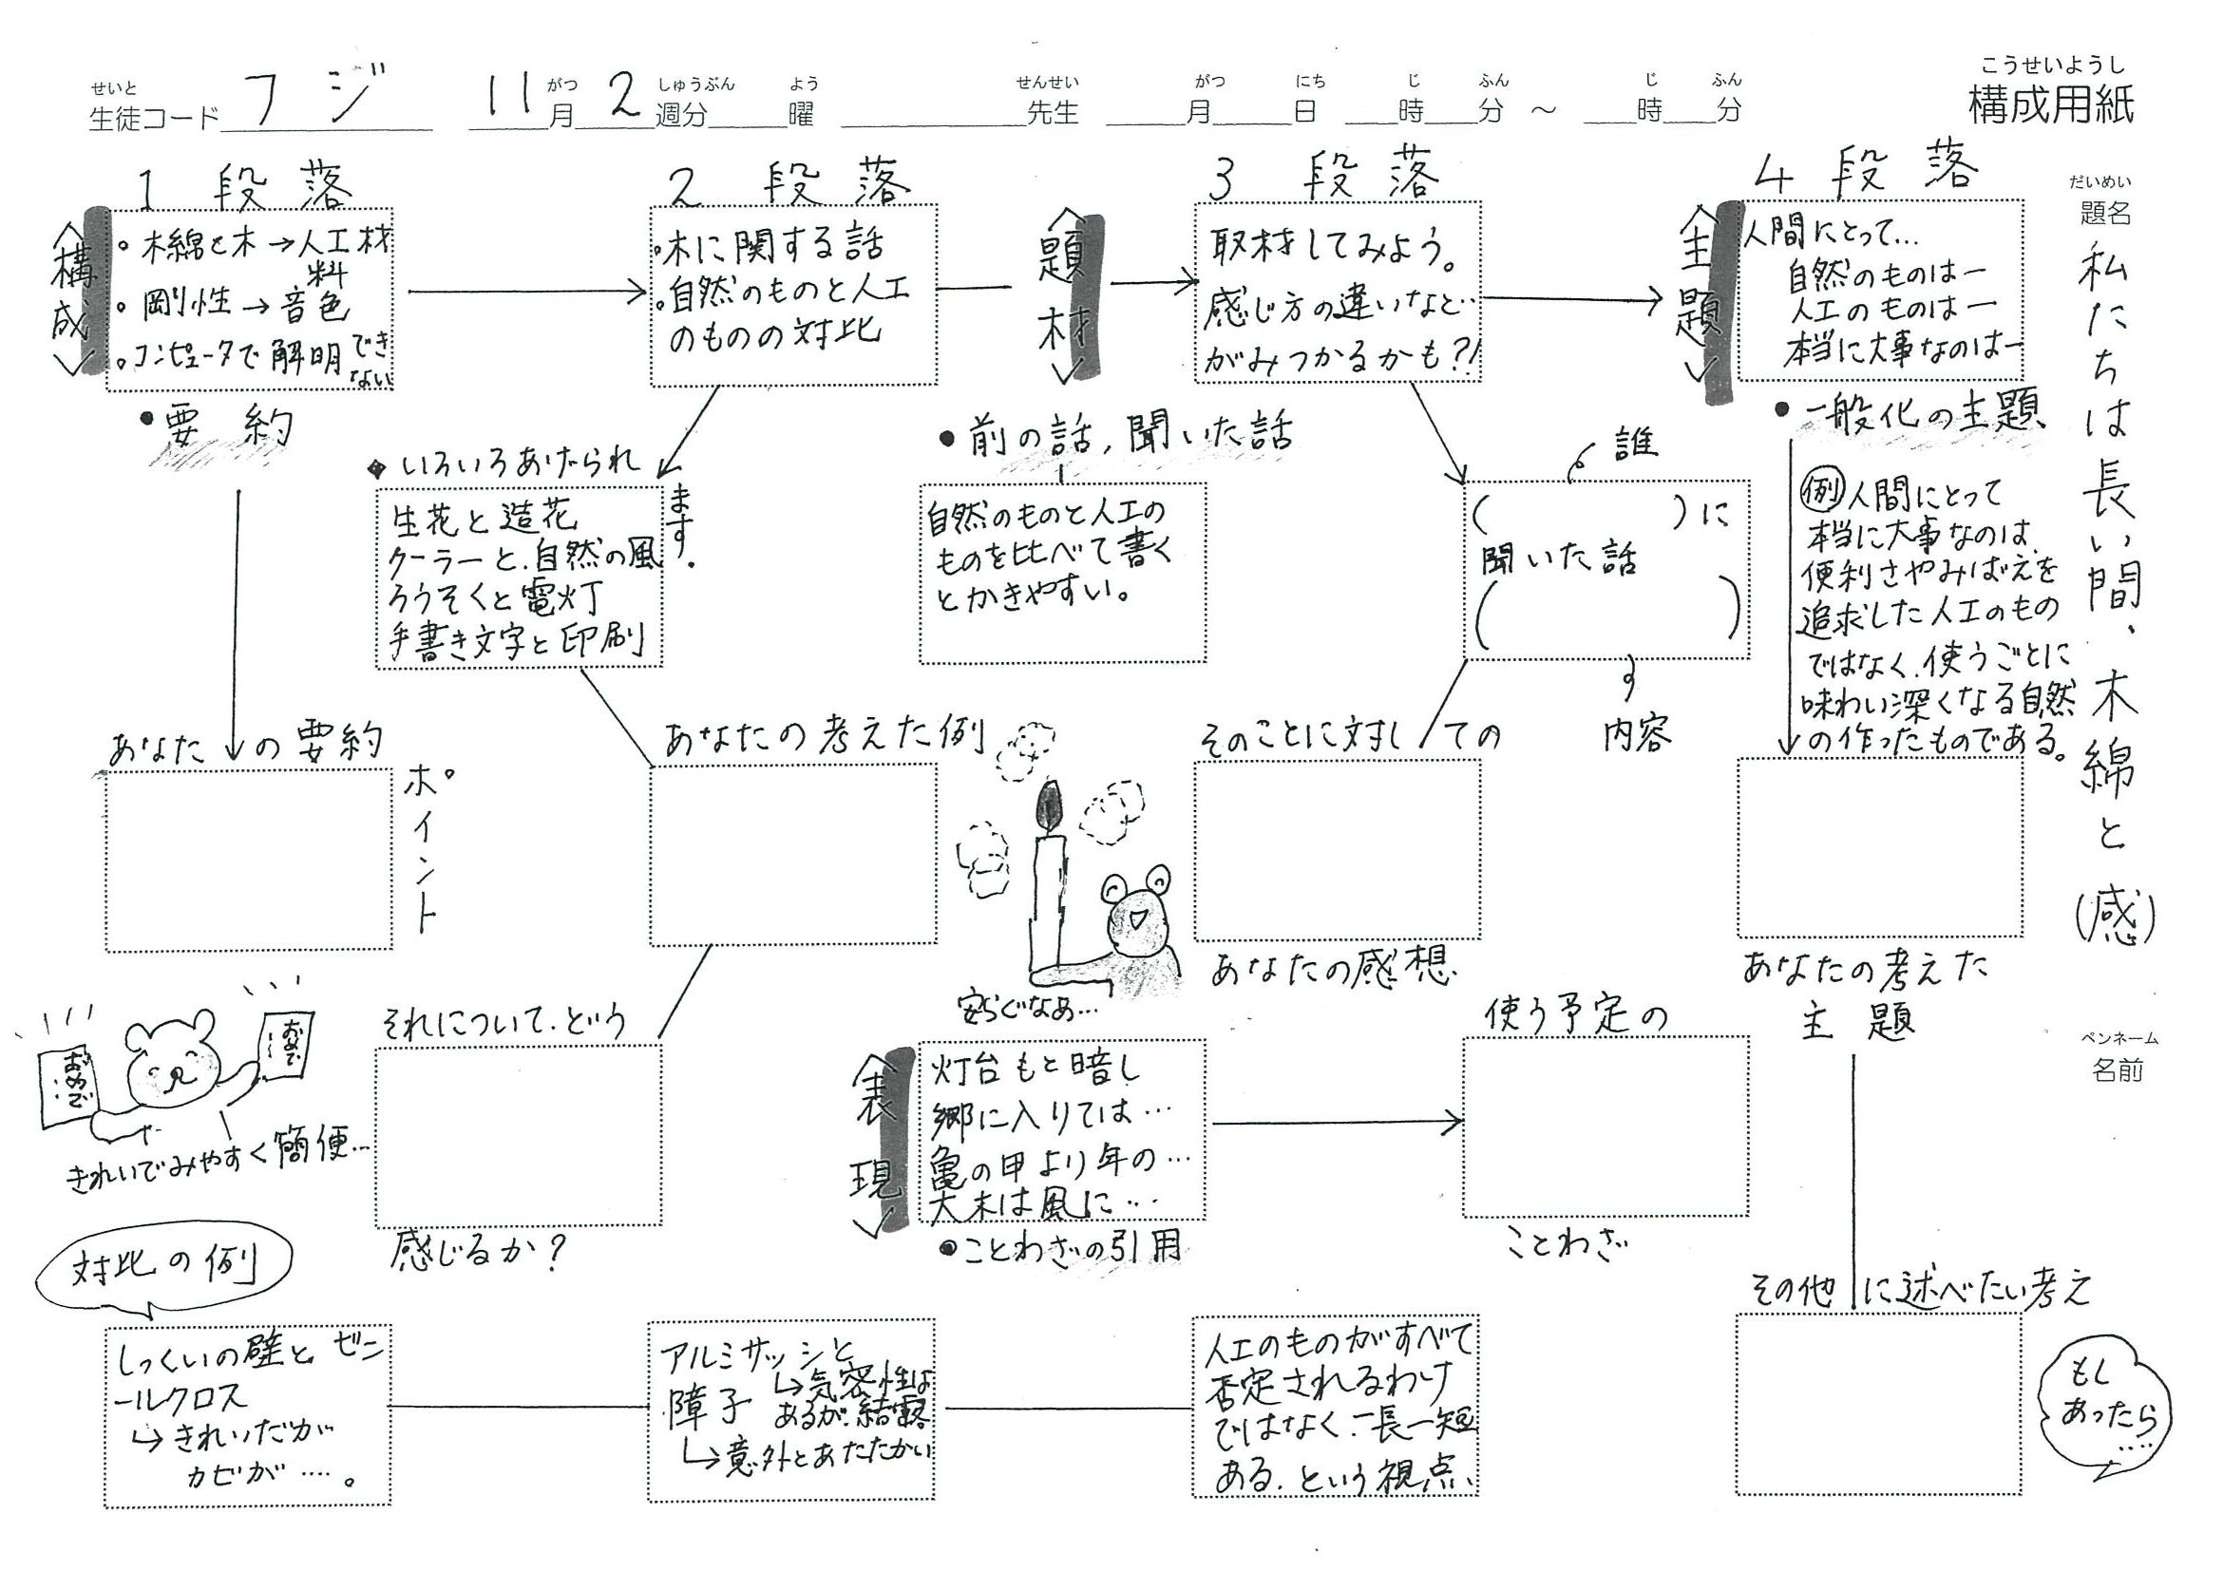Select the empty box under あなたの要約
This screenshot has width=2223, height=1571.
(x=249, y=861)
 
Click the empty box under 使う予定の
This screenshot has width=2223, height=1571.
(x=1605, y=1126)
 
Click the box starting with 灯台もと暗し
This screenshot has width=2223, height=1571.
(x=1061, y=1129)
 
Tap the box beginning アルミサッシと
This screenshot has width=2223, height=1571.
(x=791, y=1410)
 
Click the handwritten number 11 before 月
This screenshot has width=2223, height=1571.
(x=509, y=100)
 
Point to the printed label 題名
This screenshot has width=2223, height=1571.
(x=2105, y=212)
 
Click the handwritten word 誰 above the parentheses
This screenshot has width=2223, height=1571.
(x=1634, y=444)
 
